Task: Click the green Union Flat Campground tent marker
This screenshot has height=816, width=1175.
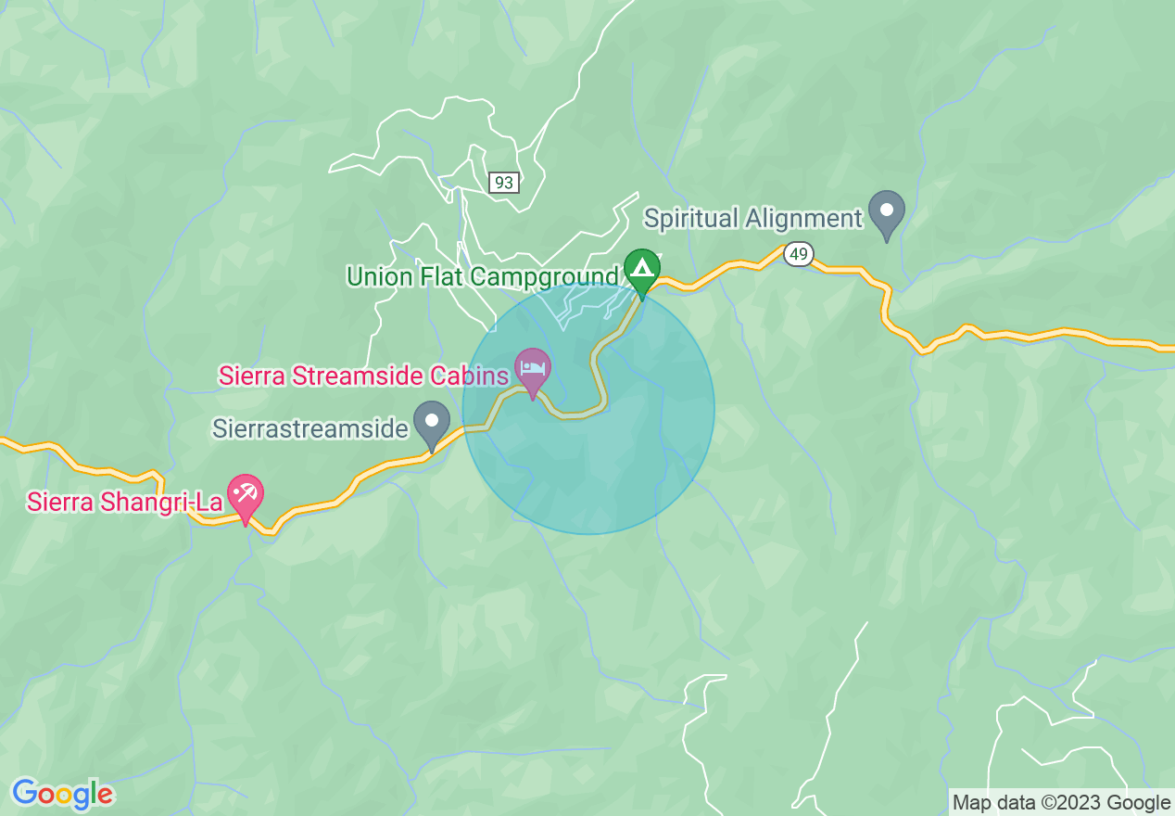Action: pyautogui.click(x=641, y=270)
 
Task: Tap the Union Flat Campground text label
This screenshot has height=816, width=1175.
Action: pyautogui.click(x=482, y=276)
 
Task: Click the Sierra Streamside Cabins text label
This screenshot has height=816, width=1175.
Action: pyautogui.click(x=363, y=376)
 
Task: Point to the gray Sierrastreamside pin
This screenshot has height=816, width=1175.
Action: pyautogui.click(x=431, y=422)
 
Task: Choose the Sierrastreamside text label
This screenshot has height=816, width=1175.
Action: pyautogui.click(x=310, y=428)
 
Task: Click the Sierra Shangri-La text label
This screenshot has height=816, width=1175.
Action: pyautogui.click(x=125, y=502)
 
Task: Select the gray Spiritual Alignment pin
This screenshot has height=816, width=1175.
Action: pyautogui.click(x=887, y=211)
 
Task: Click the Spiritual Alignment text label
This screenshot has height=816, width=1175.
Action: pyautogui.click(x=753, y=219)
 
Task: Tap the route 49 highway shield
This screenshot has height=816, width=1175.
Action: pyautogui.click(x=797, y=253)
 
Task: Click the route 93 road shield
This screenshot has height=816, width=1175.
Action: pyautogui.click(x=503, y=183)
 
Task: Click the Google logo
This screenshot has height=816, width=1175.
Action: pyautogui.click(x=62, y=794)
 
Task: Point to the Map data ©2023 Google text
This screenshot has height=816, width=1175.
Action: pyautogui.click(x=1062, y=803)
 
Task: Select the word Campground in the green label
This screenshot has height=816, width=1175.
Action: pyautogui.click(x=543, y=276)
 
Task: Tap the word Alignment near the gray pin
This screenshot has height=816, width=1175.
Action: pyautogui.click(x=804, y=219)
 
